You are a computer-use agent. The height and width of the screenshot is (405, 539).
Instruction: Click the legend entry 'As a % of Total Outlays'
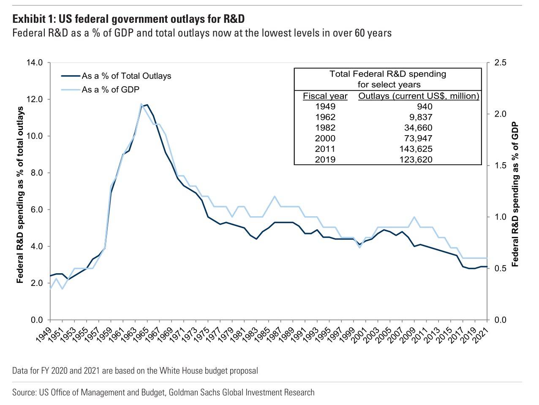click(x=126, y=76)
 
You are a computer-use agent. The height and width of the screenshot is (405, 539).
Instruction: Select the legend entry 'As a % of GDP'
click(x=110, y=90)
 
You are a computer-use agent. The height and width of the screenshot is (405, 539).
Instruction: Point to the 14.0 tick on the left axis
click(x=35, y=63)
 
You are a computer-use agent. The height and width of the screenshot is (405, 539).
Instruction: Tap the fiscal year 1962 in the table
click(x=325, y=117)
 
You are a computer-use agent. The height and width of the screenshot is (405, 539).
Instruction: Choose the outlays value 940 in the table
click(x=425, y=106)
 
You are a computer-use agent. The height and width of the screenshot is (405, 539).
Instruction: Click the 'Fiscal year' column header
click(x=325, y=96)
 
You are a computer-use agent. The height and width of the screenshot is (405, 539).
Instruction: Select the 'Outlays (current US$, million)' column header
click(x=419, y=96)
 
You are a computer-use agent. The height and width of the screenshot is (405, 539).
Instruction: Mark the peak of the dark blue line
click(x=147, y=105)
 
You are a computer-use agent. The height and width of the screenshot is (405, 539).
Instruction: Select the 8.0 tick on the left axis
click(x=36, y=173)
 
